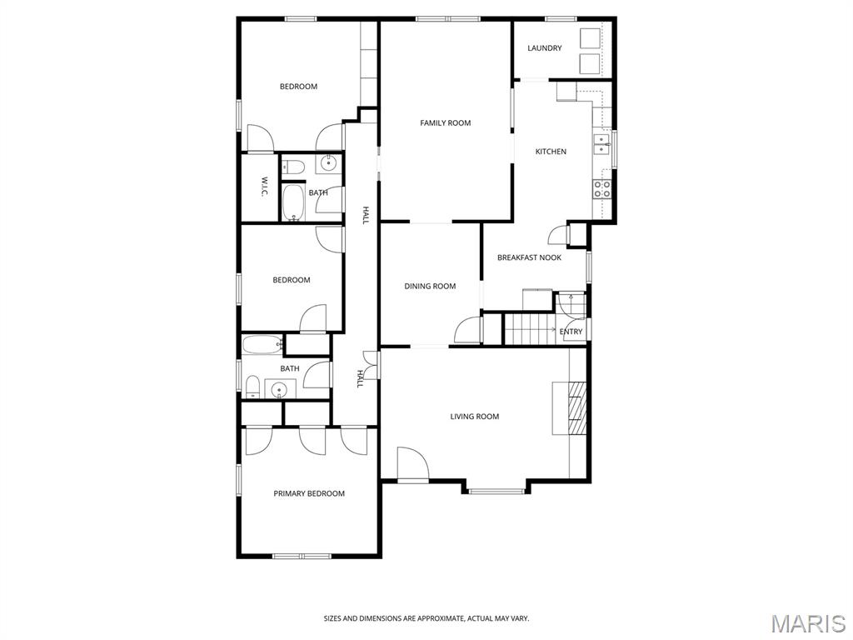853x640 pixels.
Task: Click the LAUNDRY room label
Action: (545, 47)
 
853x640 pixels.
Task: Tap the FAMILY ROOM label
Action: (445, 123)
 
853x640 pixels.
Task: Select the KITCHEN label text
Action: (551, 152)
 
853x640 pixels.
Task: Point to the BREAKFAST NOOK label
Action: (529, 257)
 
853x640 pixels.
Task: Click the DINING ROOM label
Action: (430, 286)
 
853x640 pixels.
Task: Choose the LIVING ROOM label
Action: (474, 417)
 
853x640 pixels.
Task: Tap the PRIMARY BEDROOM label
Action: (309, 493)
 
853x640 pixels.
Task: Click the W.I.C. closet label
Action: (263, 187)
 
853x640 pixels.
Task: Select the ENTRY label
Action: (571, 332)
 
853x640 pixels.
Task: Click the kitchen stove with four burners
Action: (601, 189)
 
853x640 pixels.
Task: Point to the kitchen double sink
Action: (601, 145)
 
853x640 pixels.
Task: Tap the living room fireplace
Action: (570, 408)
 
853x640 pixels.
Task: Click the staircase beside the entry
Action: (529, 329)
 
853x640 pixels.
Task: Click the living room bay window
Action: (496, 492)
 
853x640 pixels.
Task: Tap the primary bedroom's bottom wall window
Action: (302, 556)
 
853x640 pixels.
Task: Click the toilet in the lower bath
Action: (252, 387)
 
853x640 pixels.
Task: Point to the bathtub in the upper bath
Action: (293, 203)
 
